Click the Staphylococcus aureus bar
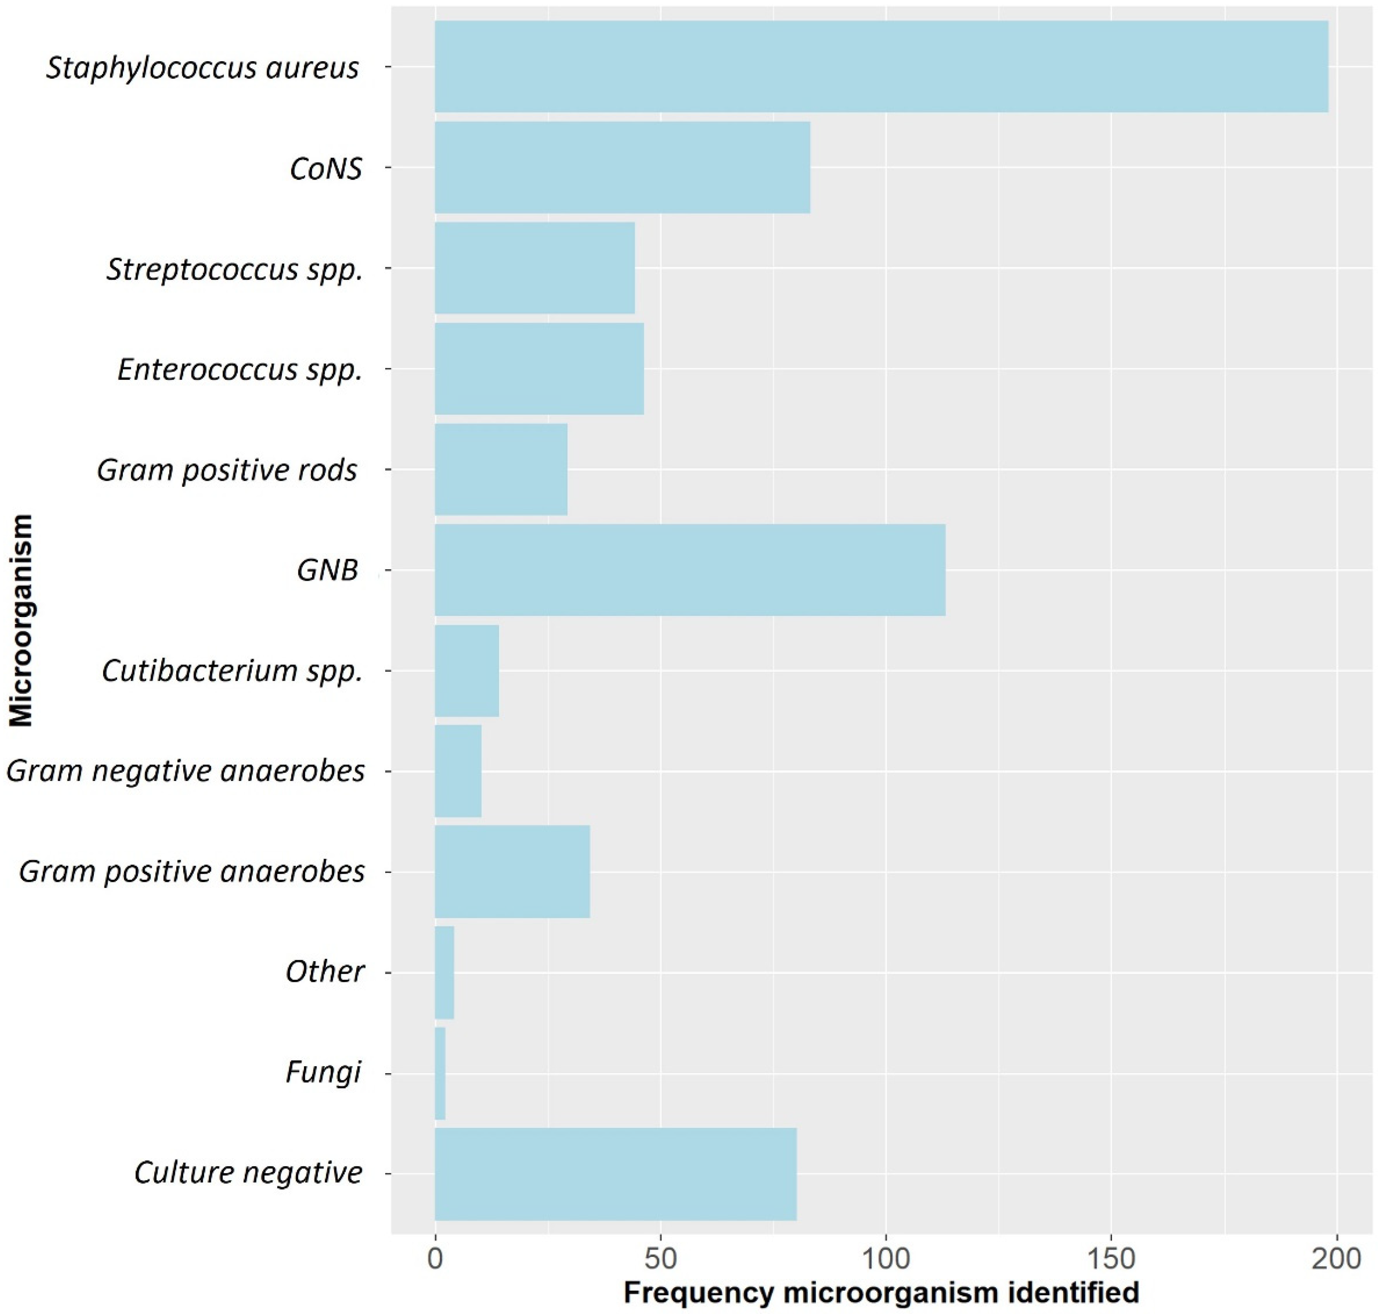pos(881,67)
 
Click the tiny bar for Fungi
pos(440,1073)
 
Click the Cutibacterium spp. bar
pos(466,670)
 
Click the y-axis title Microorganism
pos(21,620)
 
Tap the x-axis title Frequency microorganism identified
pos(881,1293)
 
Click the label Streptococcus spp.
pos(235,269)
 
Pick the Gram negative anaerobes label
pos(186,771)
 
